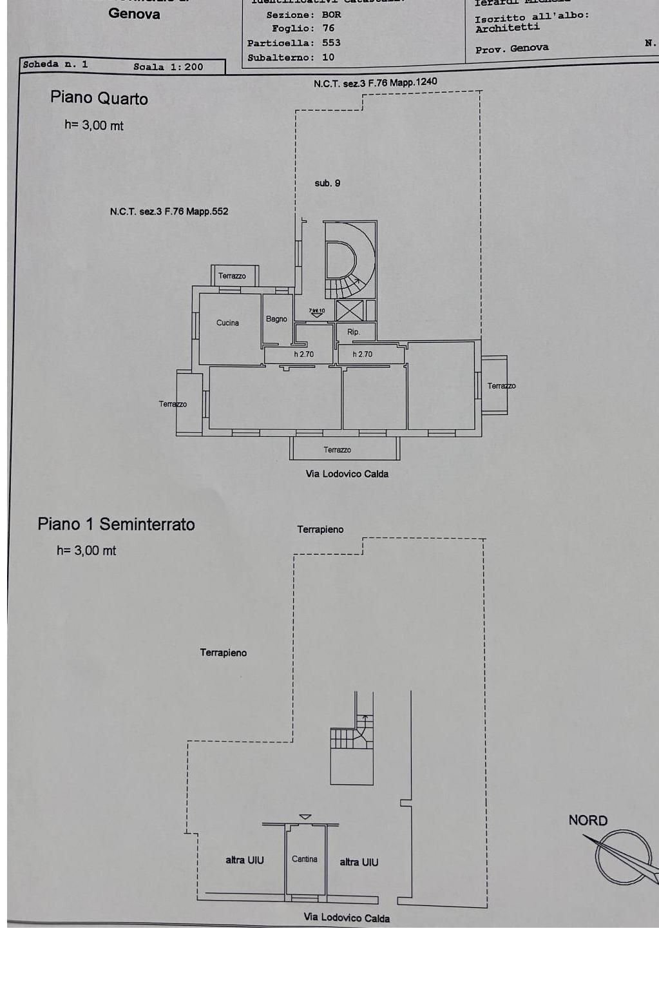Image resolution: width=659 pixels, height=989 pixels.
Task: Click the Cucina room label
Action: tap(227, 323)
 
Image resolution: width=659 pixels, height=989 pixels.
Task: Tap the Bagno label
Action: tap(276, 319)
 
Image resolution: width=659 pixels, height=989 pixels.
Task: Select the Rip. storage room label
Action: tap(353, 332)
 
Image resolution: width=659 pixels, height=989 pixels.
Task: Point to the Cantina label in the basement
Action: tap(305, 859)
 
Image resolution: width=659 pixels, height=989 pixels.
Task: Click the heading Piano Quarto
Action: tap(99, 99)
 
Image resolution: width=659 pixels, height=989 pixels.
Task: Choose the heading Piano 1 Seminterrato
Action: tap(116, 524)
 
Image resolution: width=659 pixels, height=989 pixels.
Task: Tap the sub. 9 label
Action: tap(327, 183)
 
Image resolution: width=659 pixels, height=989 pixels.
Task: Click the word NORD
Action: tap(587, 820)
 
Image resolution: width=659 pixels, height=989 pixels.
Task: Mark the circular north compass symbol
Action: tap(622, 856)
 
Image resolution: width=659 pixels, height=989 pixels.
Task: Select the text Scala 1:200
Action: tap(168, 66)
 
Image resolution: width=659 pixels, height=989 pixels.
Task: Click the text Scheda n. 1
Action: tap(55, 64)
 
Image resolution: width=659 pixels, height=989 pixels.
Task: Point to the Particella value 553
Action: tap(331, 43)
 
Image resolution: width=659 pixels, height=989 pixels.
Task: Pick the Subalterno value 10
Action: tap(329, 57)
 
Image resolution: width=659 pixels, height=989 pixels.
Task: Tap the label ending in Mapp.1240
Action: tap(375, 82)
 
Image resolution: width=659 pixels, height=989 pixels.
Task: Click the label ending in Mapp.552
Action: tap(169, 211)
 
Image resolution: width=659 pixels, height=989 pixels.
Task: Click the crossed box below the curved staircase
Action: tap(349, 311)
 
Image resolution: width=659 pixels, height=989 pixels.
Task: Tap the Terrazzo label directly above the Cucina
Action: tap(232, 276)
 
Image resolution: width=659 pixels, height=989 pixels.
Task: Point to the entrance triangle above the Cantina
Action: tap(305, 817)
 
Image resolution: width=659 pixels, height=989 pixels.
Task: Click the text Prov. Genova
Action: tap(511, 48)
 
